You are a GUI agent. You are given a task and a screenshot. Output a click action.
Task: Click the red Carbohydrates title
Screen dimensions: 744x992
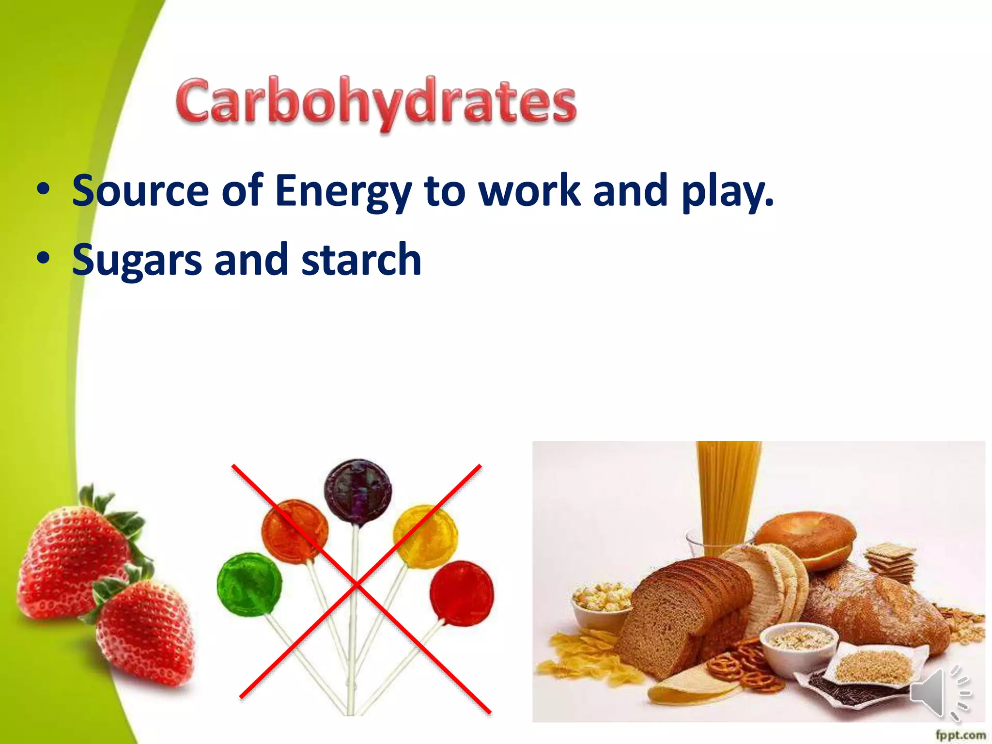pos(376,103)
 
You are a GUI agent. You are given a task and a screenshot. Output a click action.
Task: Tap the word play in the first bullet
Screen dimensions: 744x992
pos(727,192)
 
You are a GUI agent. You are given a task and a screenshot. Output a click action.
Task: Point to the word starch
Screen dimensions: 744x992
pos(361,261)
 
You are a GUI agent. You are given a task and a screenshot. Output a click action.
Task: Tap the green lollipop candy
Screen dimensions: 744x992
pos(249,585)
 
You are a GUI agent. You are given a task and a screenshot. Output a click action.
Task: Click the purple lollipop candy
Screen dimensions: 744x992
pos(357,492)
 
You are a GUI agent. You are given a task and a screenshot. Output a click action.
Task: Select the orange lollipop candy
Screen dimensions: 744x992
pos(294,531)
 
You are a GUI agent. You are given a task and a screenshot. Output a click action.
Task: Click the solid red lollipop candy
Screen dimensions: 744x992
pos(462,593)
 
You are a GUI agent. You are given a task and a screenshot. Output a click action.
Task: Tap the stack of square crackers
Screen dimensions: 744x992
pos(890,562)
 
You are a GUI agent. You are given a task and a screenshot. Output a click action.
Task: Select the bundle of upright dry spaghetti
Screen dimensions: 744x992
pos(728,494)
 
